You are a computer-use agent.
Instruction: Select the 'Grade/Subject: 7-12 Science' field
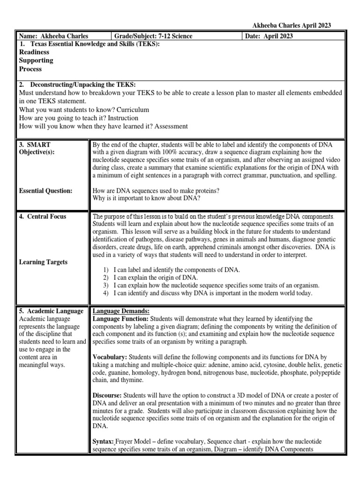[153, 36]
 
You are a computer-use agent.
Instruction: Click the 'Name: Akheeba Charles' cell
[53, 36]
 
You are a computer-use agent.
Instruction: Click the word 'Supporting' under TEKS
[36, 60]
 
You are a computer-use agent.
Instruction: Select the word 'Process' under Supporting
[30, 69]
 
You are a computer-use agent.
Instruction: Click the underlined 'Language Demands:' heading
[121, 311]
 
